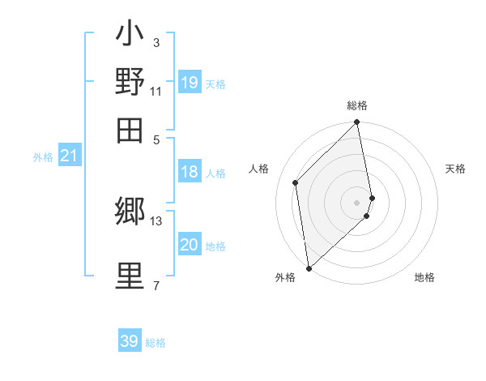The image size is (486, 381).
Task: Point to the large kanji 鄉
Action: (x=130, y=212)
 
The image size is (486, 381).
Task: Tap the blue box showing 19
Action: (x=190, y=83)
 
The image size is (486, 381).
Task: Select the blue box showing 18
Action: (x=190, y=172)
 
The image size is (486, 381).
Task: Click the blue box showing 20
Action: (x=190, y=246)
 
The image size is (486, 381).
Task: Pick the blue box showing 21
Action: (x=69, y=156)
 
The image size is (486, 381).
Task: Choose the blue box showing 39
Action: (x=130, y=341)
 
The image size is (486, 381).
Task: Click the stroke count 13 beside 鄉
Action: (x=156, y=220)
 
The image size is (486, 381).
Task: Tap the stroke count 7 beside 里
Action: (x=156, y=285)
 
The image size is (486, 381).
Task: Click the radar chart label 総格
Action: (x=357, y=105)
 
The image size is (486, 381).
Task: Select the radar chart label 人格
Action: (x=259, y=169)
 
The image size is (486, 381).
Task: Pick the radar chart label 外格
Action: (x=285, y=278)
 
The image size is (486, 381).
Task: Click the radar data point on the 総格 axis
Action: (x=357, y=123)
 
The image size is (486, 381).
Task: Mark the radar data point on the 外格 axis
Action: (x=309, y=268)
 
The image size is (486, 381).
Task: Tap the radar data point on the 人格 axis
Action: (x=296, y=182)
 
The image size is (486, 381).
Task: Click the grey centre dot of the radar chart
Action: (x=357, y=202)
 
